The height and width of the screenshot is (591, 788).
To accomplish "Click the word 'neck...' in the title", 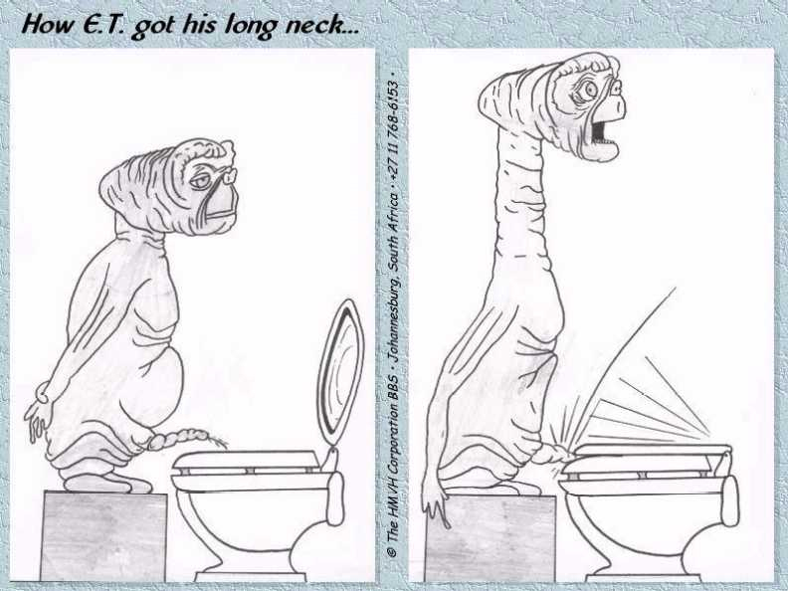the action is (322, 24).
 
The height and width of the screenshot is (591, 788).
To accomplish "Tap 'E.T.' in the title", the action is (102, 24).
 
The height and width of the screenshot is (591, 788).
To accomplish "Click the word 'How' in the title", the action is (48, 24).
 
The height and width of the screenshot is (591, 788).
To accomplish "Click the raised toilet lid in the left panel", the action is (340, 373).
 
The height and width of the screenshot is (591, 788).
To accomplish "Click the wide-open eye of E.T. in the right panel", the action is (586, 91).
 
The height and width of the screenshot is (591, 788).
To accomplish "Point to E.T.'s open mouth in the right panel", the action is (599, 130).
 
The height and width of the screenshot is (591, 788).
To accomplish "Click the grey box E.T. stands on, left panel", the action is (103, 535).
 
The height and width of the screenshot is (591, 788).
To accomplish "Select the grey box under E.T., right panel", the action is (491, 537).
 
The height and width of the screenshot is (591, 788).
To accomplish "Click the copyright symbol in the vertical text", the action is (392, 552).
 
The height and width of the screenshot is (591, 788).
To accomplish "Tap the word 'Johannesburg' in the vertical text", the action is (393, 334).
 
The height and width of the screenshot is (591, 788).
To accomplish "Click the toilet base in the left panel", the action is (250, 575).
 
